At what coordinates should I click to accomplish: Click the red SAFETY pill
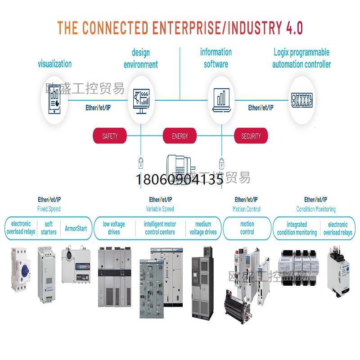(110, 136)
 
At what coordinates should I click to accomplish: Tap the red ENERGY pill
(180, 136)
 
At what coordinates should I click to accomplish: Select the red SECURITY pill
(251, 136)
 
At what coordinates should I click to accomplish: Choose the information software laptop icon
(221, 100)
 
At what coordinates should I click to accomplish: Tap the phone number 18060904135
(180, 180)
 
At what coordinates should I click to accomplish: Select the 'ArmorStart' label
(76, 228)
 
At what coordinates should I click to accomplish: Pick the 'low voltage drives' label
(114, 228)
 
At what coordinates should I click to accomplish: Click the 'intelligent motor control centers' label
(160, 228)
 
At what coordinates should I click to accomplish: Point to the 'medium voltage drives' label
(203, 228)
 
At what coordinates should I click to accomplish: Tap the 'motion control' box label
(247, 228)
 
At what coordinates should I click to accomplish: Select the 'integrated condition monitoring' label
(297, 228)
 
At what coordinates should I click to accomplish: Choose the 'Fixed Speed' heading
(49, 209)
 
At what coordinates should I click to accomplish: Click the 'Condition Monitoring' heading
(316, 209)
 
